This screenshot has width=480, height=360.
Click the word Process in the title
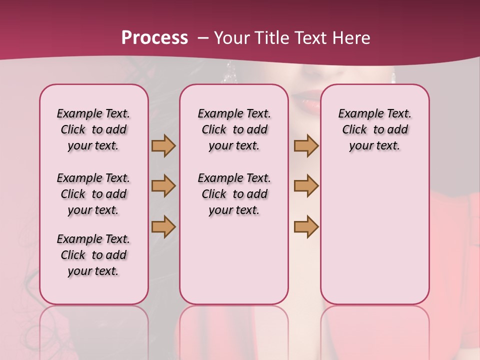click(x=154, y=38)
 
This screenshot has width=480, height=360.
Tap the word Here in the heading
click(x=352, y=38)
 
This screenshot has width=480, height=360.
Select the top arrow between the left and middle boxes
click(x=163, y=145)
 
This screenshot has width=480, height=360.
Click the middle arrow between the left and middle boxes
click(x=163, y=186)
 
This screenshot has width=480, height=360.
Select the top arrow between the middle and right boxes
click(x=306, y=145)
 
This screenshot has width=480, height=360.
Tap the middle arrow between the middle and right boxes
click(x=306, y=186)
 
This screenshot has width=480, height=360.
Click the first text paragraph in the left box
click(x=93, y=129)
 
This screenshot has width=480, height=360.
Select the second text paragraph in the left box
click(x=93, y=194)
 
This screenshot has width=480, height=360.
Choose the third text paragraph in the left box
click(x=93, y=255)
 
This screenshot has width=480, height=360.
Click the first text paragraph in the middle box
click(x=234, y=129)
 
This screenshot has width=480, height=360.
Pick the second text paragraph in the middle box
click(x=234, y=194)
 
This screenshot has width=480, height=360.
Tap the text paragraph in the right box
click(x=374, y=129)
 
